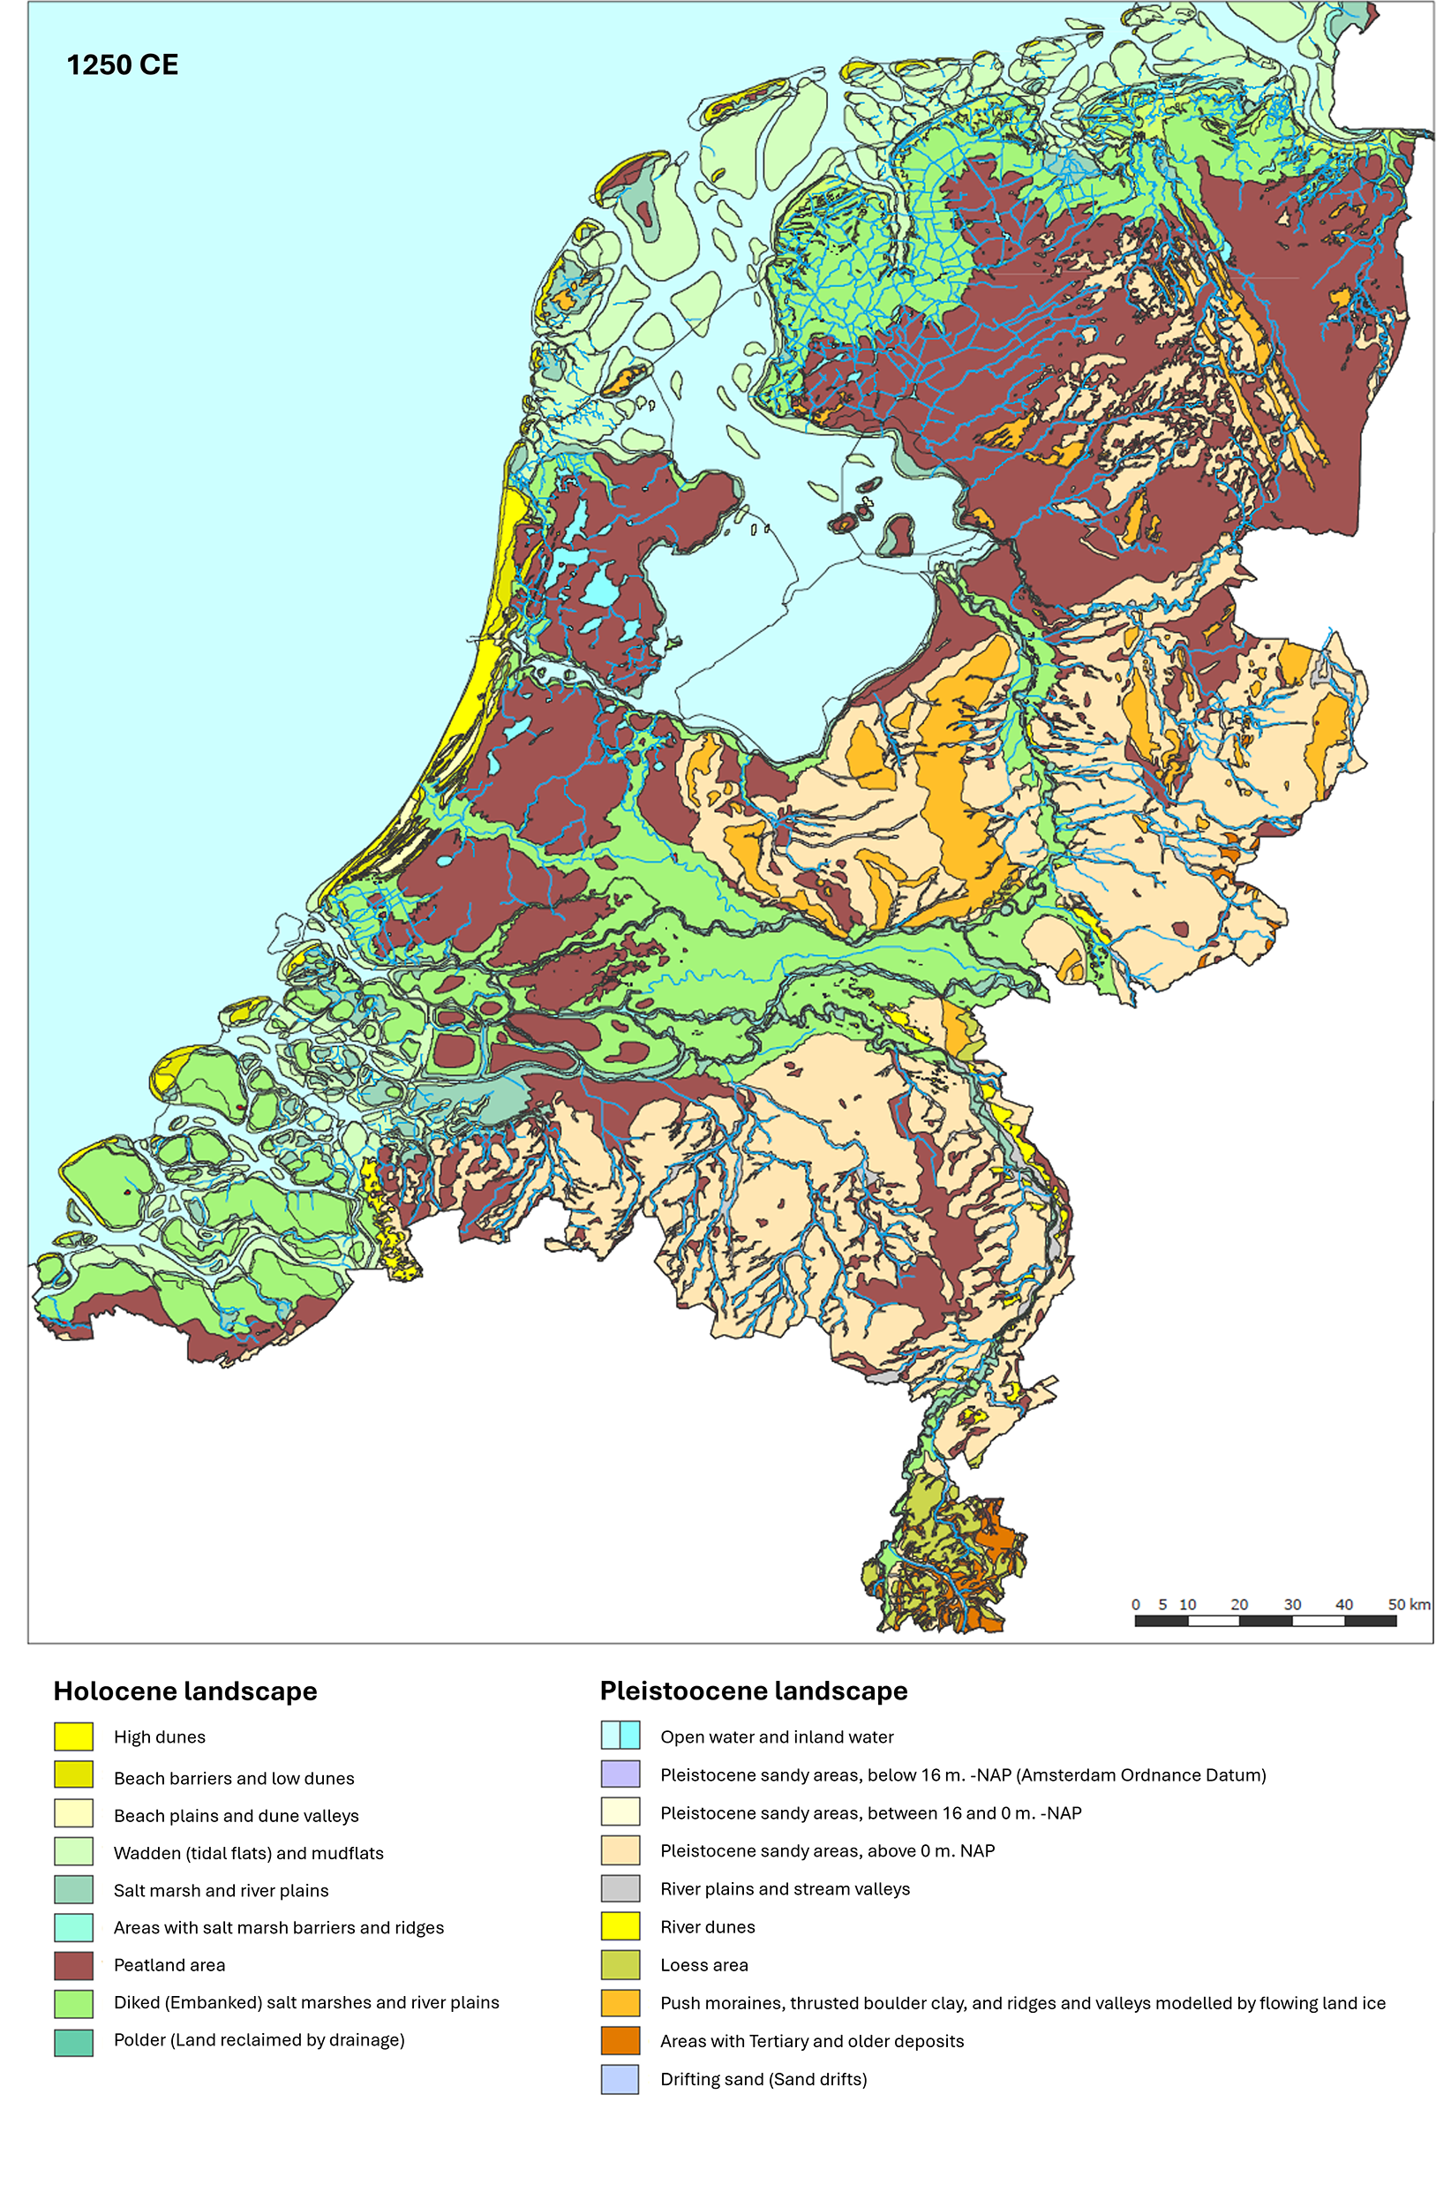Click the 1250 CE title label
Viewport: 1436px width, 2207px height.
(123, 65)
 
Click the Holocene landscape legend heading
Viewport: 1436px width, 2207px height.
(185, 1691)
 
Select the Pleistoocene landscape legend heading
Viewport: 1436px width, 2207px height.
(753, 1691)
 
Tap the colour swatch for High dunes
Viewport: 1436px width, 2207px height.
(73, 1736)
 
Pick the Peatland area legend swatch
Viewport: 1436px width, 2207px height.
(73, 1965)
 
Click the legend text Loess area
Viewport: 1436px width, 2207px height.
(703, 1965)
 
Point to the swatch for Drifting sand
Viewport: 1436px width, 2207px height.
(620, 2079)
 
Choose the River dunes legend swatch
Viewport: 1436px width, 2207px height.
(620, 1926)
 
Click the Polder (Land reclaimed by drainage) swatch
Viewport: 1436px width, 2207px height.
(73, 2040)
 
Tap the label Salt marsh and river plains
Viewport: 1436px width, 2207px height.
(221, 1890)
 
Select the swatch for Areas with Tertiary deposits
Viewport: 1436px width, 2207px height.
(620, 2041)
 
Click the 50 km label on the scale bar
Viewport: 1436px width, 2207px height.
(1407, 1604)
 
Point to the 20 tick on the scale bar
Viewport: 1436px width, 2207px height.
(1238, 1604)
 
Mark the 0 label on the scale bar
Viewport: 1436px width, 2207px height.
(1136, 1604)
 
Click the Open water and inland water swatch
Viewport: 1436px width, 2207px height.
(620, 1735)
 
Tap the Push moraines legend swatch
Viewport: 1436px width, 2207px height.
(620, 2003)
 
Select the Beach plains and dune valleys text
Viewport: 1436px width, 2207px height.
(236, 1816)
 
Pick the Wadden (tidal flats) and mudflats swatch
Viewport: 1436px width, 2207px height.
(73, 1852)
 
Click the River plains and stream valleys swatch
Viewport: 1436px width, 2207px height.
(620, 1888)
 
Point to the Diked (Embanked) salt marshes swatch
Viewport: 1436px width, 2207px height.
(73, 2003)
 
